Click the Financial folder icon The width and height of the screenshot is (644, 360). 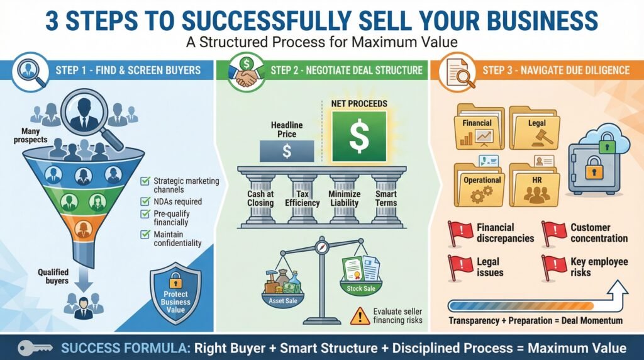[x=479, y=127]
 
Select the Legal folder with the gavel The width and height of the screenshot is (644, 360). [x=535, y=127]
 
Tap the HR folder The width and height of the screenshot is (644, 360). [x=535, y=184]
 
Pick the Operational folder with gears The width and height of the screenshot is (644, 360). [x=479, y=184]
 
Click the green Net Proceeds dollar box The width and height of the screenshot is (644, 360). [x=359, y=136]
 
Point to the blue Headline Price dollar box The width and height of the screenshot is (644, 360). [x=287, y=151]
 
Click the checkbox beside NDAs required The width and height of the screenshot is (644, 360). [x=145, y=201]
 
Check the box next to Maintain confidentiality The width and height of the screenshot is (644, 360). [x=145, y=234]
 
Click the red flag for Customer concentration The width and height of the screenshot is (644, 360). [x=553, y=233]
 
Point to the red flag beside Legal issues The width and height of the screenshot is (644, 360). [x=459, y=267]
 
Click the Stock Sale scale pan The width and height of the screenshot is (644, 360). [x=360, y=286]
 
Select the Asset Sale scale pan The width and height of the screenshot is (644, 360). [x=283, y=298]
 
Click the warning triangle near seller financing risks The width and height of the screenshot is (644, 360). [x=360, y=316]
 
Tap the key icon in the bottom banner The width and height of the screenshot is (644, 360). [x=35, y=347]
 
